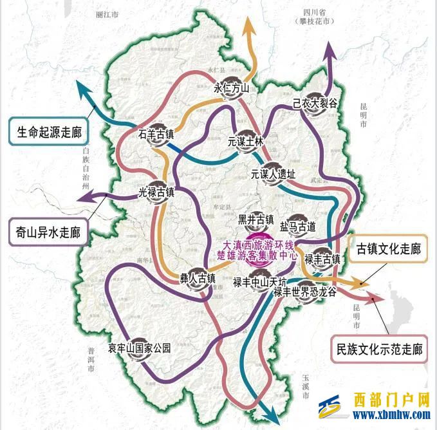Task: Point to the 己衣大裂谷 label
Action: click(315, 102)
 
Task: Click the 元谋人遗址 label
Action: click(273, 173)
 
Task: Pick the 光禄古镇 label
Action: click(156, 192)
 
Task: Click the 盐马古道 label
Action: click(298, 226)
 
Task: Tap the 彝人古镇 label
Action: click(197, 279)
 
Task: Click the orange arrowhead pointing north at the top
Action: click(248, 26)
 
